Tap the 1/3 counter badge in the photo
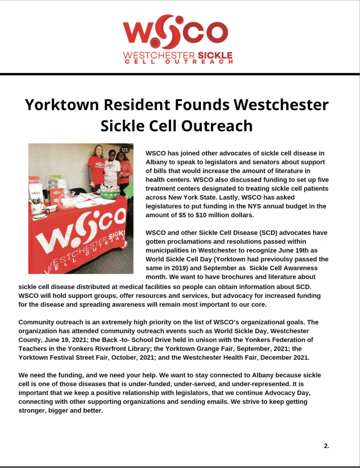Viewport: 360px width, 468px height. point(124,150)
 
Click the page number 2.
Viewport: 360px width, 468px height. point(327,446)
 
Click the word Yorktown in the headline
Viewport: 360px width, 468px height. point(62,105)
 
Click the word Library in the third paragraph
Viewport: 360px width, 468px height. point(151,348)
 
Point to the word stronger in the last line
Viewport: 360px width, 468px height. point(34,410)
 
